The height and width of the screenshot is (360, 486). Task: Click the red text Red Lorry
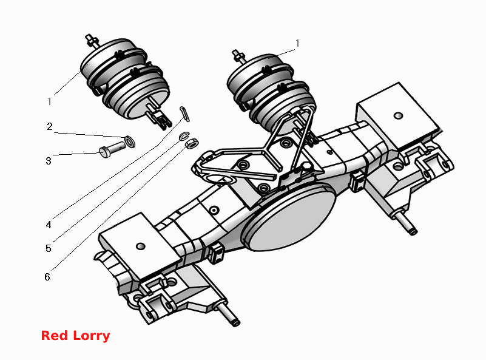pyautogui.click(x=75, y=336)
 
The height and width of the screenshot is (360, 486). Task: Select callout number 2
pyautogui.click(x=50, y=126)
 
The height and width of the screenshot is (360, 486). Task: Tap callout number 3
pyautogui.click(x=49, y=161)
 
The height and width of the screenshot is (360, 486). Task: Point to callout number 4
pyautogui.click(x=49, y=225)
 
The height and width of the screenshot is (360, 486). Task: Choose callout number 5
pyautogui.click(x=49, y=248)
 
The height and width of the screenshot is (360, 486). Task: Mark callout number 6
pyautogui.click(x=47, y=277)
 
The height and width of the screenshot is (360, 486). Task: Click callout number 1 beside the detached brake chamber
pyautogui.click(x=49, y=101)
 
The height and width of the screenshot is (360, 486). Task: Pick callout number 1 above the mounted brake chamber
pyautogui.click(x=297, y=43)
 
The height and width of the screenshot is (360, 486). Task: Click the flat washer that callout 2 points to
pyautogui.click(x=130, y=141)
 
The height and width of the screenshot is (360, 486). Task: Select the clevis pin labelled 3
pyautogui.click(x=112, y=149)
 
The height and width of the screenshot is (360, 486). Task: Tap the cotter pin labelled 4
pyautogui.click(x=184, y=114)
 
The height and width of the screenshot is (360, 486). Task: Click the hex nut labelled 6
pyautogui.click(x=192, y=143)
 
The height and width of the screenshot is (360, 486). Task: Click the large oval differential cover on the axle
pyautogui.click(x=289, y=217)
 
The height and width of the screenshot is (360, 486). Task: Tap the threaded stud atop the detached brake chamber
pyautogui.click(x=92, y=41)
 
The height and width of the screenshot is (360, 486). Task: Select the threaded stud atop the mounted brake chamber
pyautogui.click(x=239, y=56)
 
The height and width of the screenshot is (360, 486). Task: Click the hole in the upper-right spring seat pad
pyautogui.click(x=398, y=116)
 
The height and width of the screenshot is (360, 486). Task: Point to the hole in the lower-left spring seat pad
pyautogui.click(x=140, y=246)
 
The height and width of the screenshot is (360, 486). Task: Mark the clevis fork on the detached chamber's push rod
pyautogui.click(x=159, y=117)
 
